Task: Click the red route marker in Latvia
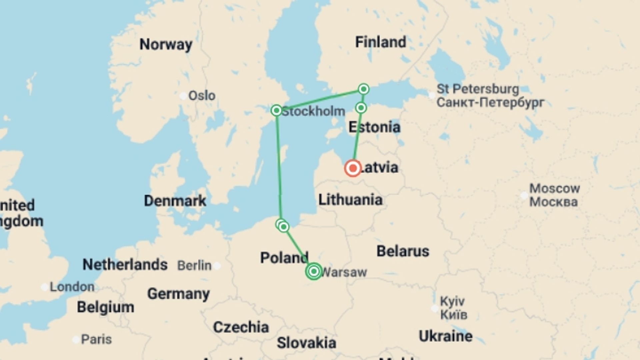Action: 353,168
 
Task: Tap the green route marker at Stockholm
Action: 276,110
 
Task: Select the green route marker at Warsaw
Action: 313,271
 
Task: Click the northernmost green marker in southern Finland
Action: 364,89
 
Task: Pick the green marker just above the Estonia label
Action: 361,108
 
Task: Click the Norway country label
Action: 166,44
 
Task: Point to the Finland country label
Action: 380,42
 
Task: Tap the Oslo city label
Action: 202,96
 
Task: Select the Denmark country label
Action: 175,201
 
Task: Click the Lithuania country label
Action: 350,200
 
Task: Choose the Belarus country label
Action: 403,251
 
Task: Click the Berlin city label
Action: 194,266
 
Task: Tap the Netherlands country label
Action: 125,265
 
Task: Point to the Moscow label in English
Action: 555,188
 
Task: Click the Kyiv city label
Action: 452,301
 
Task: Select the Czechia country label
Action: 241,327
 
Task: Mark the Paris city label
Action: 96,339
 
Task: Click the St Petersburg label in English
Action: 478,89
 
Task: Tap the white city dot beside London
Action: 44,287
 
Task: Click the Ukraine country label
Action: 445,336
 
